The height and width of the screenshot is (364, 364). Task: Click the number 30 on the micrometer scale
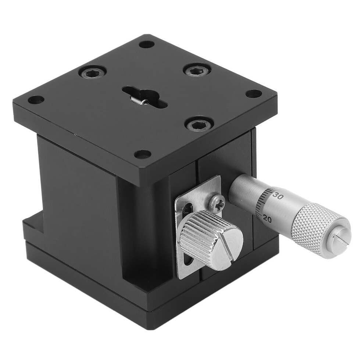[x=278, y=195]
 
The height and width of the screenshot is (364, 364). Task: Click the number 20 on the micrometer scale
[x=267, y=218]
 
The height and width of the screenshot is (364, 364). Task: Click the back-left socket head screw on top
[x=92, y=73]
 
